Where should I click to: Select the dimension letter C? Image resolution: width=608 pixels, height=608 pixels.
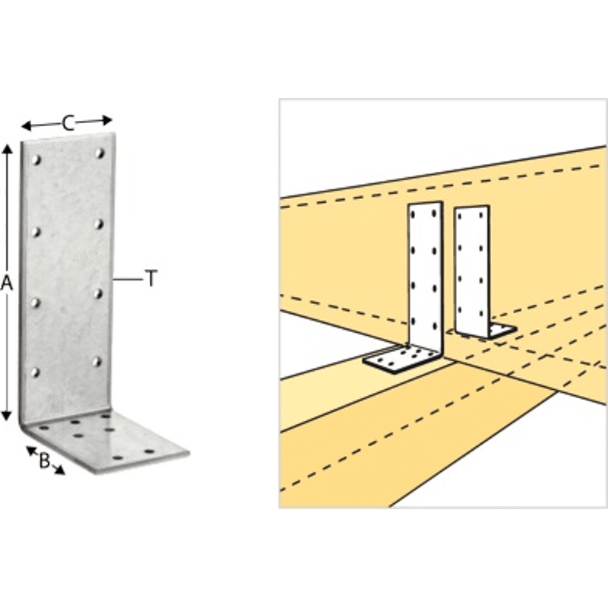(68, 123)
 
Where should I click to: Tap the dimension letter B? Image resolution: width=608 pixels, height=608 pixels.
(45, 461)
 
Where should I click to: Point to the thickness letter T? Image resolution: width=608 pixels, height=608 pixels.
(151, 278)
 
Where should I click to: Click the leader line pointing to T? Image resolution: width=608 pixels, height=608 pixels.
(128, 279)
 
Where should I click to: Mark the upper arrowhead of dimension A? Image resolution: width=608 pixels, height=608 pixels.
(7, 148)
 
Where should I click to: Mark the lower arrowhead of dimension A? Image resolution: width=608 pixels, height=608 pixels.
(7, 416)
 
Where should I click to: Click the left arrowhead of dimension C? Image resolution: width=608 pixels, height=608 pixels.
(27, 125)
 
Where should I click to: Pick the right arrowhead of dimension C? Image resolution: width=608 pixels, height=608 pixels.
(107, 120)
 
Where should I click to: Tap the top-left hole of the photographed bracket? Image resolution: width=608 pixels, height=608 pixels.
(36, 160)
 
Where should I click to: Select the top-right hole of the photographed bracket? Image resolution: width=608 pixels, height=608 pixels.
(100, 154)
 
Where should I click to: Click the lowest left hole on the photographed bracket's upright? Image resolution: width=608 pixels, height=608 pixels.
(35, 372)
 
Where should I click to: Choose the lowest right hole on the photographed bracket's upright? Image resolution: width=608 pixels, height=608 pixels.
(97, 362)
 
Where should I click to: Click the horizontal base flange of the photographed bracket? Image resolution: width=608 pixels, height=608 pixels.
(109, 442)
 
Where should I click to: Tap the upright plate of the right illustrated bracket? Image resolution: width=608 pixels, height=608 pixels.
(472, 271)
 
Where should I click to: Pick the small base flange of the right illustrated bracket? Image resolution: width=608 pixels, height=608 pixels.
(502, 331)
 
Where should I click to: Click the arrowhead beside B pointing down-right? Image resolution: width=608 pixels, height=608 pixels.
(59, 470)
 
